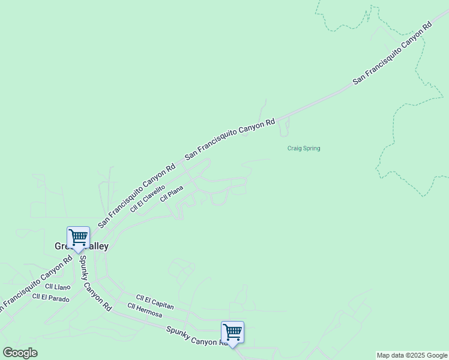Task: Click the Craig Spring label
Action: pyautogui.click(x=303, y=148)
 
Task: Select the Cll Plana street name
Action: pyautogui.click(x=171, y=194)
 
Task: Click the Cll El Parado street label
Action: pyautogui.click(x=51, y=298)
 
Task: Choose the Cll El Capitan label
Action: pyautogui.click(x=155, y=302)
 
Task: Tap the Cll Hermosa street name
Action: pyautogui.click(x=145, y=310)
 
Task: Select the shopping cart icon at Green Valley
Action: pyautogui.click(x=78, y=238)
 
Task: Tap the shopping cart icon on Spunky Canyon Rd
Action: pyautogui.click(x=232, y=332)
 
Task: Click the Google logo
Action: pyautogui.click(x=20, y=353)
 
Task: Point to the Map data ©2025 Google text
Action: pyautogui.click(x=412, y=355)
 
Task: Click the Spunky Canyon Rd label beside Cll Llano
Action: pyautogui.click(x=95, y=283)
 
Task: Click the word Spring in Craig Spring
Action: pyautogui.click(x=311, y=148)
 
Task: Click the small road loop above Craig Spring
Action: pyautogui.click(x=284, y=126)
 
